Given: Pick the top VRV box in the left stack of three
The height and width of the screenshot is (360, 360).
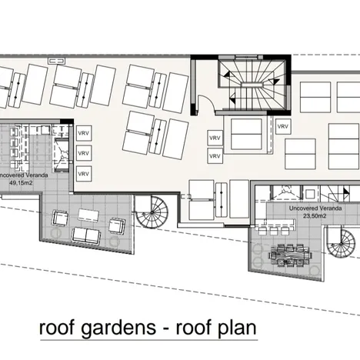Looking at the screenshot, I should tap(84, 133).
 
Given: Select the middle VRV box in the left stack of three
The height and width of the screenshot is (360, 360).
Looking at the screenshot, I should tap(84, 154).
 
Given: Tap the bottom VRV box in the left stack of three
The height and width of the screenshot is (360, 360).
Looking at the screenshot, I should tap(84, 174).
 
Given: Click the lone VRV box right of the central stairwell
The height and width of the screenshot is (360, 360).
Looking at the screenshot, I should tap(283, 126).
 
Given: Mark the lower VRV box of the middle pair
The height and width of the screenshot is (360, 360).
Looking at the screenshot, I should tap(214, 158).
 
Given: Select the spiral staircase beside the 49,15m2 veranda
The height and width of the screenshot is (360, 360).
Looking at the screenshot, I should tap(150, 212).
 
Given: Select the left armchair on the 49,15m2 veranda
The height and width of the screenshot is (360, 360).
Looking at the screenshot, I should tap(57, 223).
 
